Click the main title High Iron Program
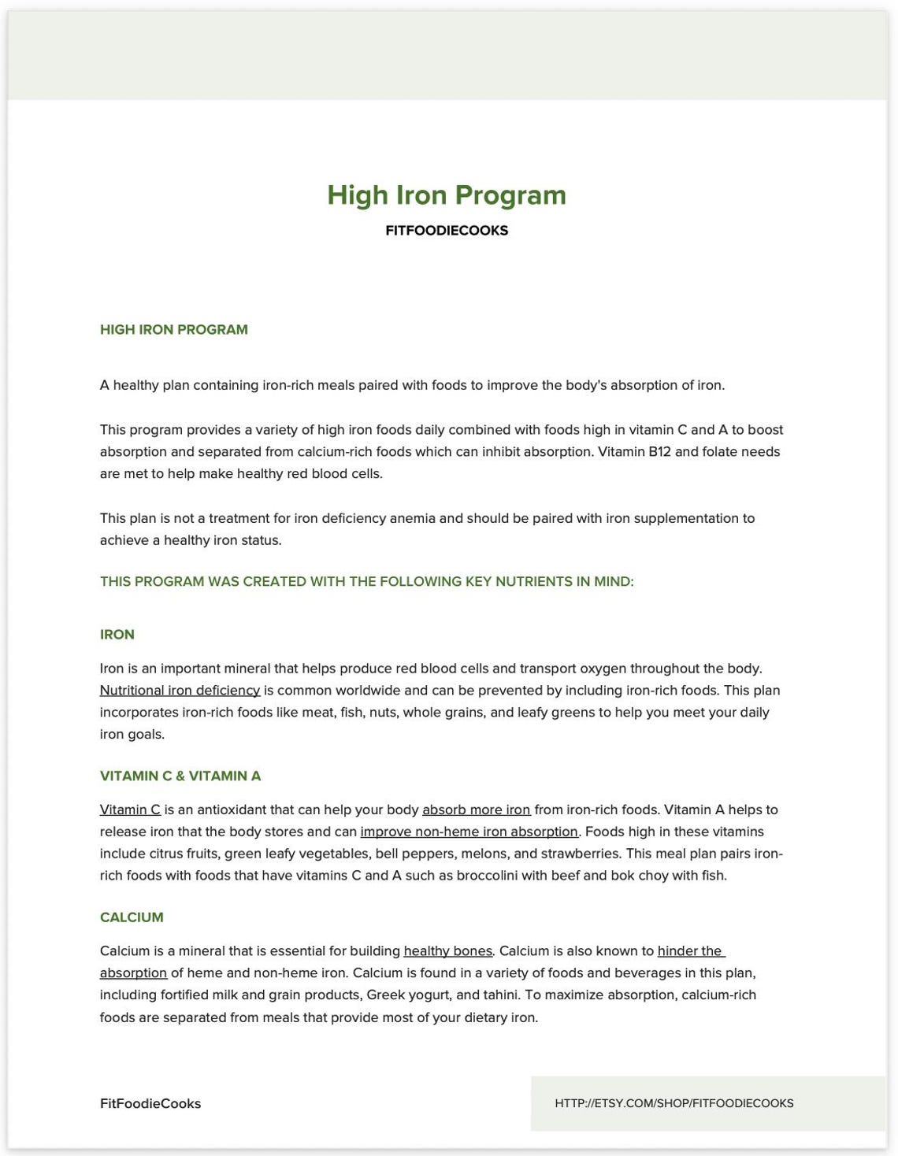447,195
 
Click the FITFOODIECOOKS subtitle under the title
447,231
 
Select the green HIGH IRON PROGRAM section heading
173,330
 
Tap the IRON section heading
117,635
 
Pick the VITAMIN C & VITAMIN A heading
180,776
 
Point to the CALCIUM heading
132,917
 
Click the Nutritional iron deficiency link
180,691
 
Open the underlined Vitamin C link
130,810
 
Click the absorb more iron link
476,810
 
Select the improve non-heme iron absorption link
469,832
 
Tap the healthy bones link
447,951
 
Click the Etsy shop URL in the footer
673,1104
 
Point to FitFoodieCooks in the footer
150,1104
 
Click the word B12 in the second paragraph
659,452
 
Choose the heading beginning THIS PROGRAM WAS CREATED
366,582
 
